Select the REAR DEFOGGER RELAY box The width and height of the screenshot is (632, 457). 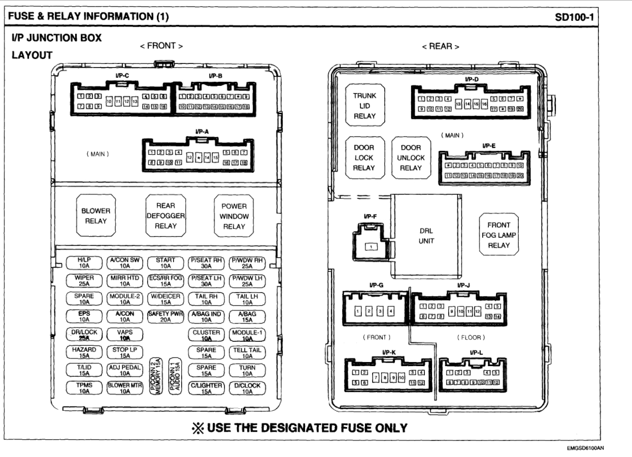tap(165, 216)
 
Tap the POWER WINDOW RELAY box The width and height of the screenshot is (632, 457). tap(234, 216)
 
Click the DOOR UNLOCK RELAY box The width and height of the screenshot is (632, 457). tap(411, 157)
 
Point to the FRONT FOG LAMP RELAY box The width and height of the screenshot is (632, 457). tap(499, 235)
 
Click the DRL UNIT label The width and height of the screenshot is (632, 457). tap(426, 236)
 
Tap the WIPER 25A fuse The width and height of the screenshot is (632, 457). tap(83, 281)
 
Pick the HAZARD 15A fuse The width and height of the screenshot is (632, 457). tap(83, 353)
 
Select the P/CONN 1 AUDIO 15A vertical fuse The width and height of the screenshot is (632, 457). tap(175, 376)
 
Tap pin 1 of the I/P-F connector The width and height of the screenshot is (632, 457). tap(372, 246)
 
